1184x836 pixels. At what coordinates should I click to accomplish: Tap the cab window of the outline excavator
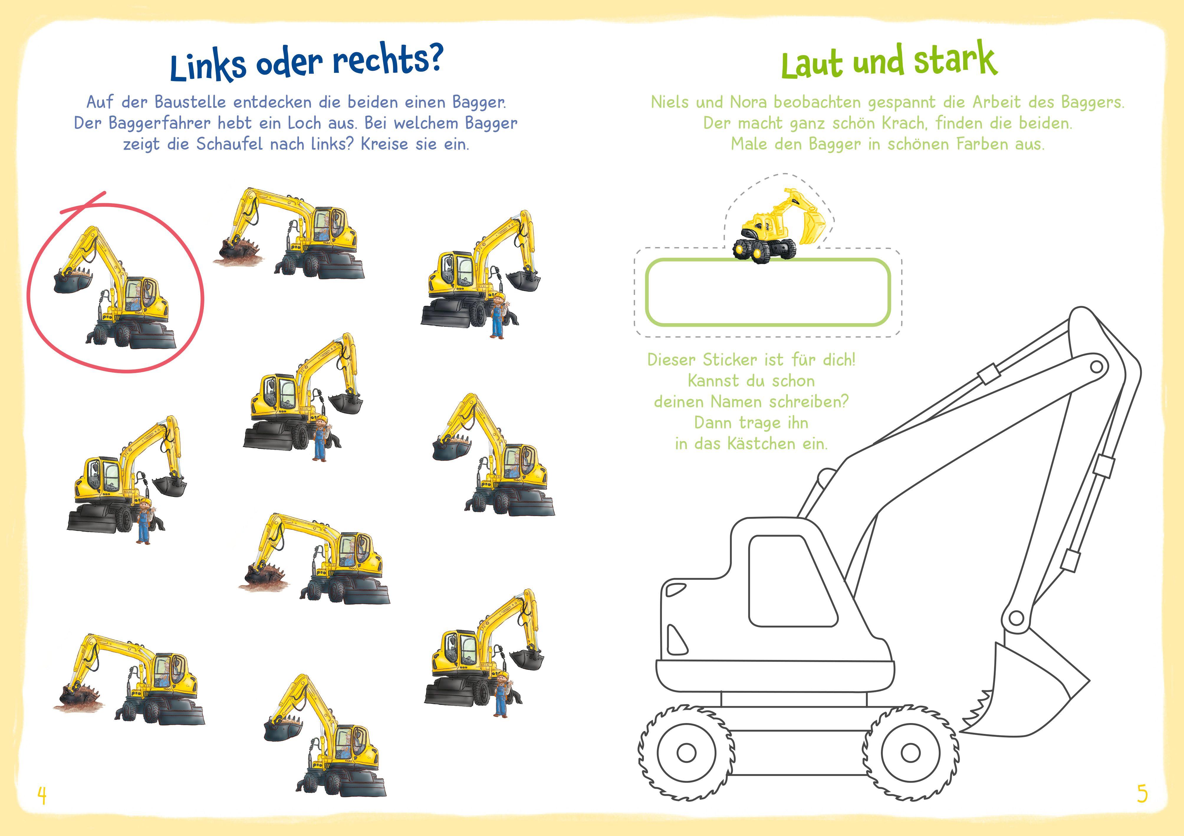point(792,580)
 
